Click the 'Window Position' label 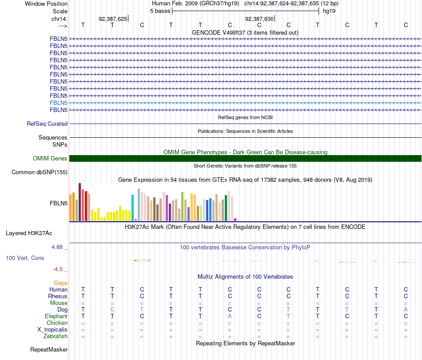[46, 4]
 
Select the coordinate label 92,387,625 [113, 19]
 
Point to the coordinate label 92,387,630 [259, 19]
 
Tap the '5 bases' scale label [160, 11]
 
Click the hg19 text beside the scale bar [329, 11]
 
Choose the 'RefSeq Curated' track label [47, 124]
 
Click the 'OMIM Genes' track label [50, 159]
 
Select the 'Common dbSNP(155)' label [40, 172]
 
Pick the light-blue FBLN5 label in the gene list [59, 103]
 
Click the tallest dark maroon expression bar [80, 202]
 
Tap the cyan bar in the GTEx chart [133, 208]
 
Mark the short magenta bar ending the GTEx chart [235, 220]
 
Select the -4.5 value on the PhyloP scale [60, 269]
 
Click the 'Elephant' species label [56, 316]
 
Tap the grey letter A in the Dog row [406, 309]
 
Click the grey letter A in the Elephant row [230, 316]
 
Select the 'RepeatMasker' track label [48, 350]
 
